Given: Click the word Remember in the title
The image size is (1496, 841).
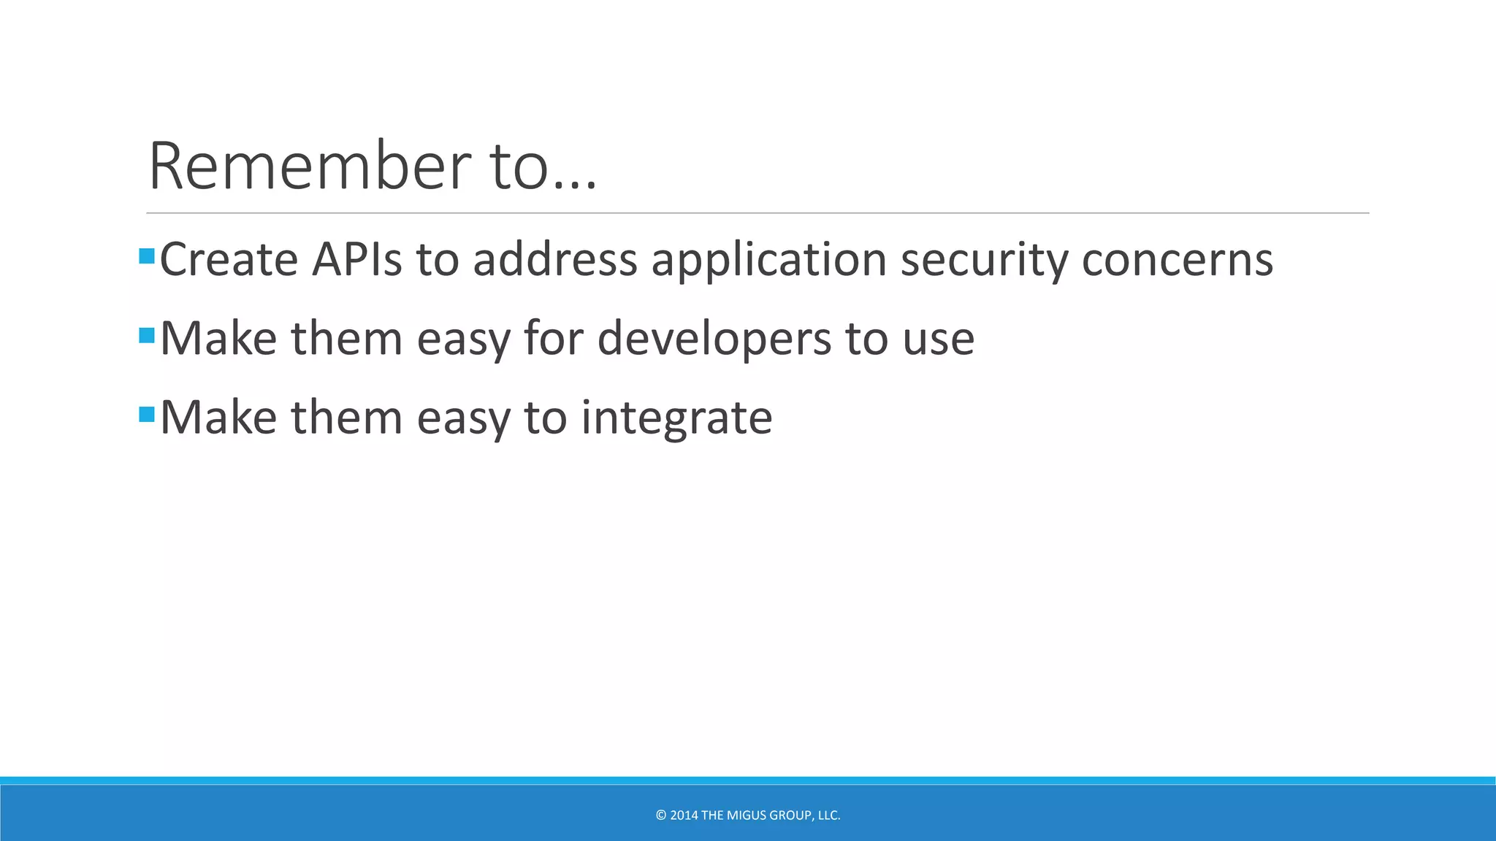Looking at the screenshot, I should [310, 166].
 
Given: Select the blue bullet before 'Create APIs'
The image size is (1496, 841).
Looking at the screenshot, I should [146, 256].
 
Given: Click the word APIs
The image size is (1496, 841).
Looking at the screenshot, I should [356, 259].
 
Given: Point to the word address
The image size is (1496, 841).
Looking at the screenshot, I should [555, 259].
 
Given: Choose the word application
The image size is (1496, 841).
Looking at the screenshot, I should [768, 261].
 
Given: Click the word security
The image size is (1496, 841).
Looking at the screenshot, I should [983, 261].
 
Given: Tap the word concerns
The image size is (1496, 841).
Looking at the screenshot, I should [1178, 261].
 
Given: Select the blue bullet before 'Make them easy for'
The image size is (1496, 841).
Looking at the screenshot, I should [146, 335].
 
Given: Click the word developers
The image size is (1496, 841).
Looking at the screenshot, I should [714, 339].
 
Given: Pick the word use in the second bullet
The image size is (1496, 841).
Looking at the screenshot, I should [939, 339].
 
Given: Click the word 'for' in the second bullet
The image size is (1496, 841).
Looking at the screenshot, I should [554, 338].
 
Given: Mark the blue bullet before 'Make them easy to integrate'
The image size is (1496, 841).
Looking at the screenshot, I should [146, 415].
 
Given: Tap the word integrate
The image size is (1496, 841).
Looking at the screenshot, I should [676, 418].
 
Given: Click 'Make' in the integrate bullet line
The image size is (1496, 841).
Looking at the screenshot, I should [218, 418].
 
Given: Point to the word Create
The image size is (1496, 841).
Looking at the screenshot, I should [229, 259].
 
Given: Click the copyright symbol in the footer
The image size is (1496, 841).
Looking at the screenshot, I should [661, 815].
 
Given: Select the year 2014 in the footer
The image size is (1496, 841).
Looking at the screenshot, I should [684, 815].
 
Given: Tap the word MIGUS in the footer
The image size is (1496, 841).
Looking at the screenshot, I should [747, 815].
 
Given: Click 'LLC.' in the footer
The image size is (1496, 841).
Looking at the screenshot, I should [829, 815].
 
